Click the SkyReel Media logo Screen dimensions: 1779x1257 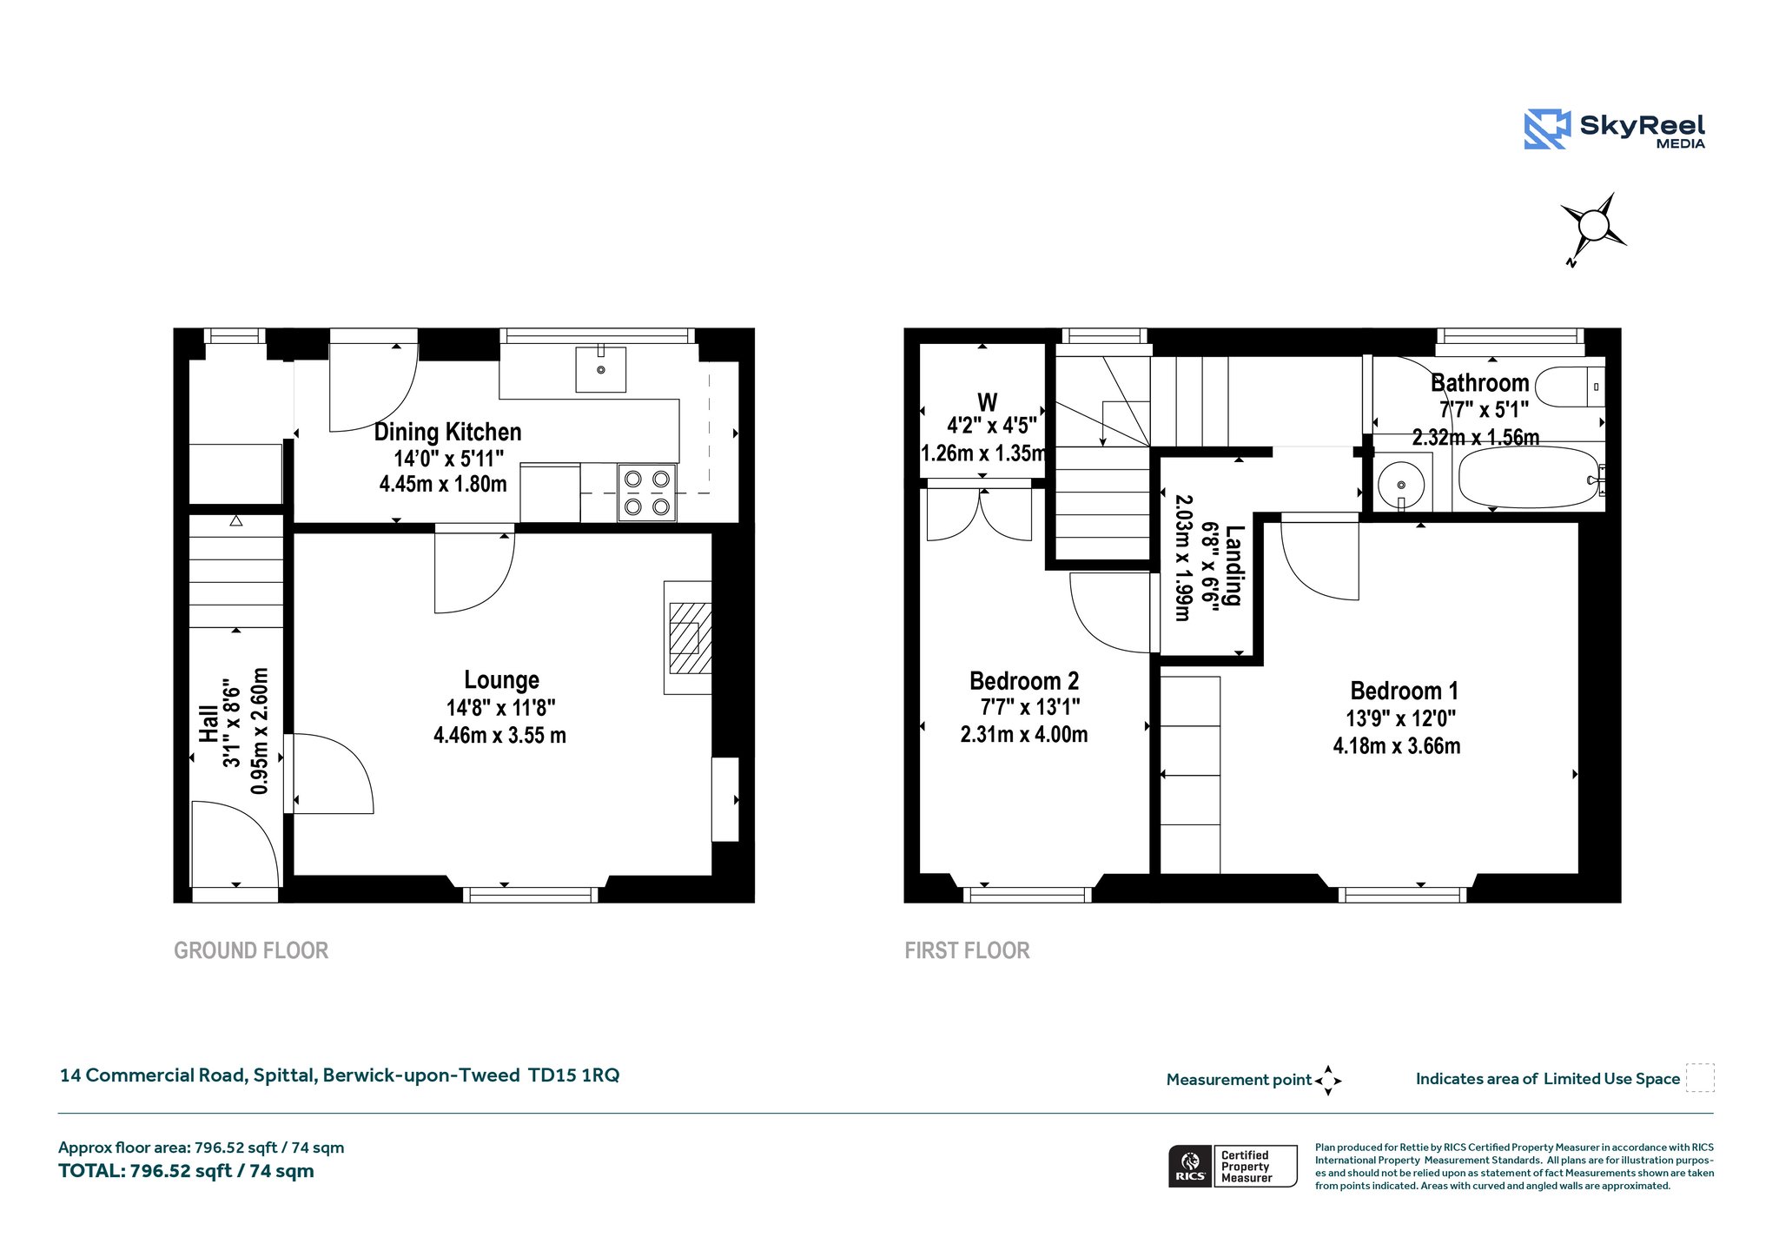[x=1614, y=129]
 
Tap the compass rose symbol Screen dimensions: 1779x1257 [x=1593, y=228]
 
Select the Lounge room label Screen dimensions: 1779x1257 [x=501, y=679]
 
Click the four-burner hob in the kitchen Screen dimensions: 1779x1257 [x=646, y=492]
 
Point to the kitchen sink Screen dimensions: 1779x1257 [x=600, y=369]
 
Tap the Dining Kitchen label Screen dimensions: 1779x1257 [x=447, y=432]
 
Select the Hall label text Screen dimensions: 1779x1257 [x=208, y=723]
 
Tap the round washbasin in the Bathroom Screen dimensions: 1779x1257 [x=1401, y=485]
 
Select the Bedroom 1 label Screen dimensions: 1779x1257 [x=1404, y=691]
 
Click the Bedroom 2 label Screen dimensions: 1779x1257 [x=1024, y=680]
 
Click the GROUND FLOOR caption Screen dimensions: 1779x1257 [x=251, y=950]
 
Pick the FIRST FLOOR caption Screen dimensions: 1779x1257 [x=967, y=950]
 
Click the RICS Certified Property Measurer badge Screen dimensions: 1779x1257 [x=1233, y=1166]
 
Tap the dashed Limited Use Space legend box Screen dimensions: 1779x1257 [x=1700, y=1077]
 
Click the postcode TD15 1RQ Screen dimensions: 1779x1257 [x=574, y=1075]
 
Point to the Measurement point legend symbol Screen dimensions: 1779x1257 [x=1328, y=1081]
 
